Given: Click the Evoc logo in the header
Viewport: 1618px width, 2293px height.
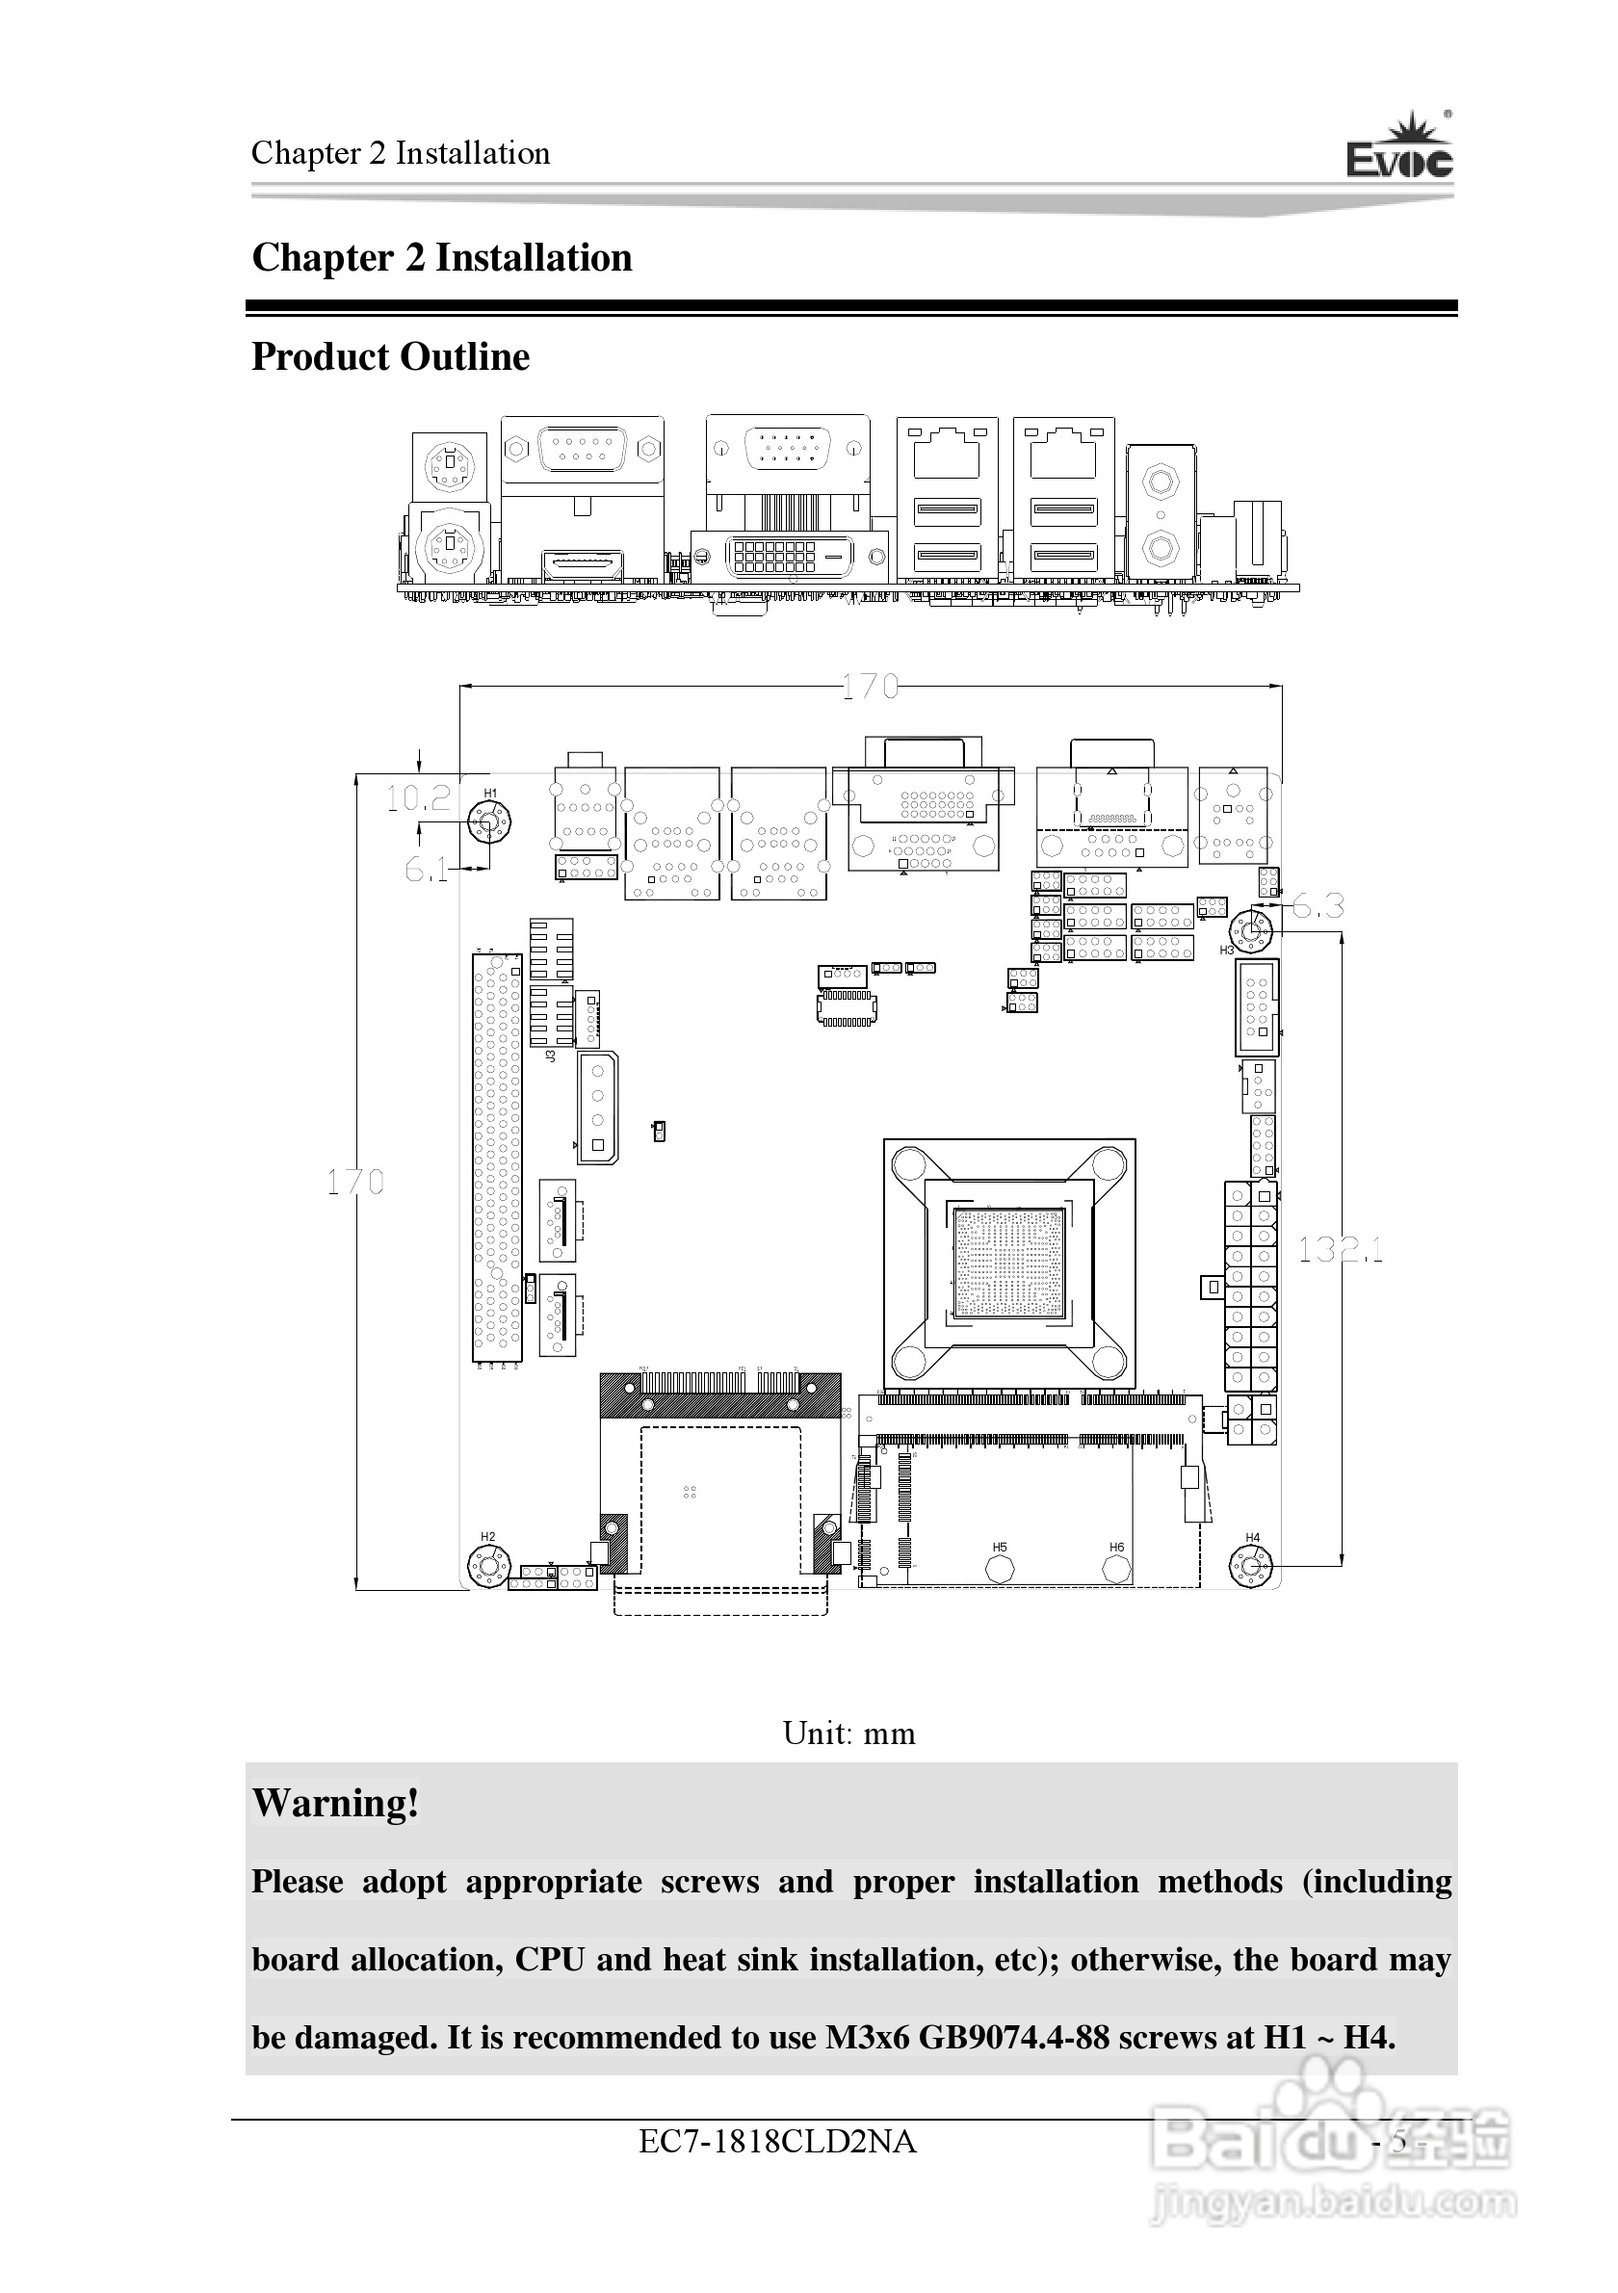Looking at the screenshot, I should [x=1399, y=150].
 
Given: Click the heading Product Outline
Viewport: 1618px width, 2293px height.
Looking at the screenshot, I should [x=390, y=356].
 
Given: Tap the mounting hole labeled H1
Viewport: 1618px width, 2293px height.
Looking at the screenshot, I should [x=489, y=825].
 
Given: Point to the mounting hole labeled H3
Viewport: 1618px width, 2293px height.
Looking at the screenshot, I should [x=1250, y=932].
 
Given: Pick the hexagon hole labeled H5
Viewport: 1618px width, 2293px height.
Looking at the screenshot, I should [x=999, y=1569].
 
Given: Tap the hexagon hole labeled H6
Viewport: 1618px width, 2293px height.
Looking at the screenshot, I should [x=1116, y=1569].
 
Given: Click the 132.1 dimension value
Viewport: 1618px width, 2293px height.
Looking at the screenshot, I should [x=1341, y=1249].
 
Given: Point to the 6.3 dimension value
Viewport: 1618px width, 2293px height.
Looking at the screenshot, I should [x=1318, y=907].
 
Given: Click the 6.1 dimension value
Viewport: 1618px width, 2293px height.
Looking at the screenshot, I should [x=426, y=870].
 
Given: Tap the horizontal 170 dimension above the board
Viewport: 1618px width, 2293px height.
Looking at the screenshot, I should [x=869, y=686].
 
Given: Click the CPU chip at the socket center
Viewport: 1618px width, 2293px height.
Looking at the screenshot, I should [x=1009, y=1264].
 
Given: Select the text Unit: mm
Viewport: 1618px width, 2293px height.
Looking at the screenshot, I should [x=848, y=1733].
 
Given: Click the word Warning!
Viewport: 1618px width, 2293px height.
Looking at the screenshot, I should [x=335, y=1803].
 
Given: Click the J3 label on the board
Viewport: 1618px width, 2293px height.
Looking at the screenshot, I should [x=550, y=1055].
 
